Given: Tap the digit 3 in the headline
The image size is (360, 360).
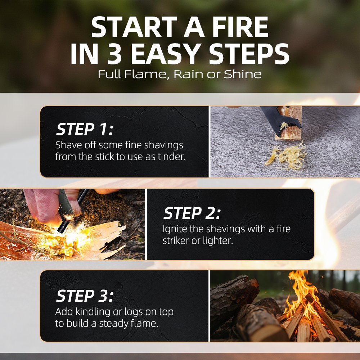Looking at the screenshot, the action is [x=114, y=54].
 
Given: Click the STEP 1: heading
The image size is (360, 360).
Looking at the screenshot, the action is [x=85, y=129].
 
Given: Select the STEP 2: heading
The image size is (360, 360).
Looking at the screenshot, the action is [x=192, y=213].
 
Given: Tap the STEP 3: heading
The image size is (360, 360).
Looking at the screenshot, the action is [x=85, y=296].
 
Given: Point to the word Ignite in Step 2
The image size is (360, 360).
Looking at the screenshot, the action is [x=175, y=229].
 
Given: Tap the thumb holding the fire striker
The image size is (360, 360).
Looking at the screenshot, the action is [x=45, y=205].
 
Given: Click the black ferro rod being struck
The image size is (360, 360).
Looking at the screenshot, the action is [x=72, y=211].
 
